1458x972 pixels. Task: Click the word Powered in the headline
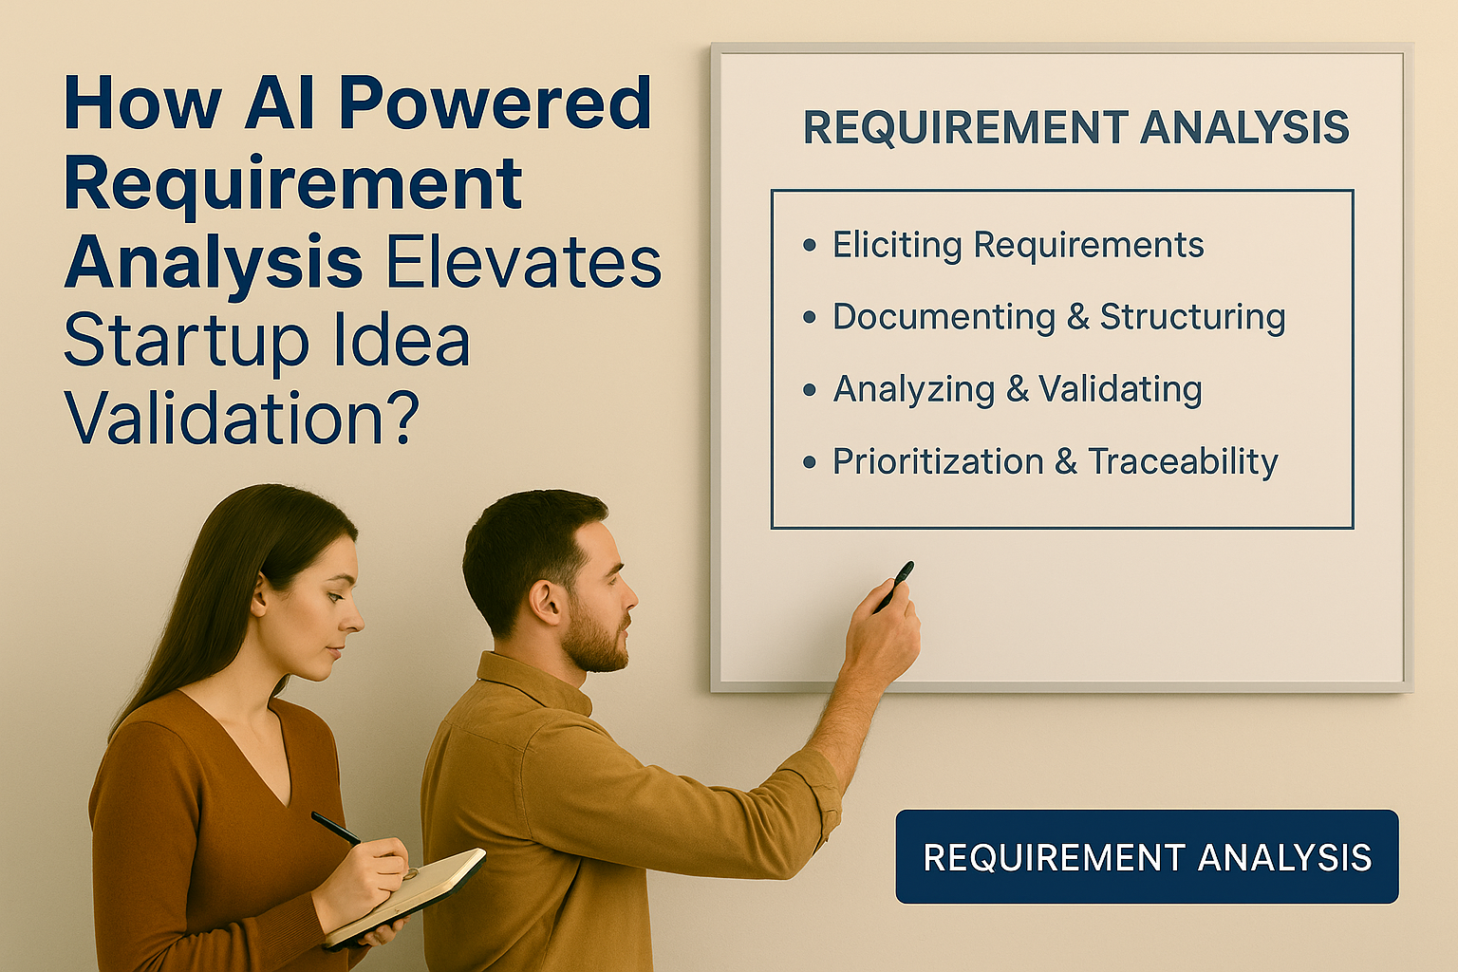[x=495, y=104]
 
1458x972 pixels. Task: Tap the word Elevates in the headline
[x=524, y=262]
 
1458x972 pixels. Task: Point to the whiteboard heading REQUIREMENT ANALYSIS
[x=1076, y=127]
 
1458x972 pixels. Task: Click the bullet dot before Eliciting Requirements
[x=810, y=246]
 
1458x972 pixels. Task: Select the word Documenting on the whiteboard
[x=944, y=318]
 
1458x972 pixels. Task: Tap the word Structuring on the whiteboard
[x=1193, y=318]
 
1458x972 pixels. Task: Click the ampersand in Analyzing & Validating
[x=1018, y=389]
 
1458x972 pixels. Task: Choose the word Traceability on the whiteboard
[x=1184, y=461]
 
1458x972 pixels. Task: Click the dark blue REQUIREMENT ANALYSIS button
[x=1147, y=856]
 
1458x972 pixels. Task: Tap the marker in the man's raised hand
[x=896, y=585]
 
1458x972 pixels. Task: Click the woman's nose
[x=353, y=620]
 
